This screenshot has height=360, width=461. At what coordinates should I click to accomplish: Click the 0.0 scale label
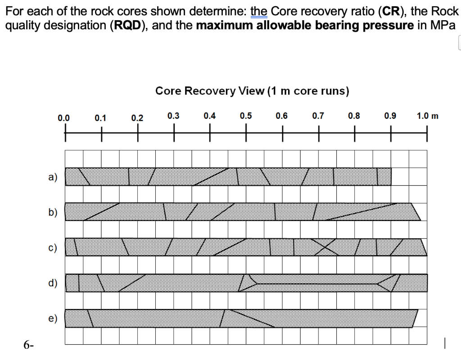coord(64,118)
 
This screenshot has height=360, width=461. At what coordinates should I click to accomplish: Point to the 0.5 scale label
coord(245,116)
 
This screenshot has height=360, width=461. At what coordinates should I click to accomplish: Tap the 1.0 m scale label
coord(427,116)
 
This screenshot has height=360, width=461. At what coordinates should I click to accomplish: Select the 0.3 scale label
coord(173,116)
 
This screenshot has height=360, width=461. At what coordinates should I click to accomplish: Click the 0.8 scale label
coord(354,116)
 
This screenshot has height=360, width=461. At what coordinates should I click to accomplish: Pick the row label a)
coord(53,177)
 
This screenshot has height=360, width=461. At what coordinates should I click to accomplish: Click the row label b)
coord(53,212)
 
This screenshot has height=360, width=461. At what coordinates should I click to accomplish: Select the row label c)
coord(53,247)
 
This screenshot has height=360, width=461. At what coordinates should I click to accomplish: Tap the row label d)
coord(53,283)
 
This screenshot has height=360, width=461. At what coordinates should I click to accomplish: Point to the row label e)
coord(53,319)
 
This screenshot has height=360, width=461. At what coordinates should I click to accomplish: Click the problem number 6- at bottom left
coord(29,346)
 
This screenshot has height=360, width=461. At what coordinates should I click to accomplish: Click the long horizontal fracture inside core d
coord(315,283)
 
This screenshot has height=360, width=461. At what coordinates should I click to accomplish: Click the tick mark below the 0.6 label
coord(282,133)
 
